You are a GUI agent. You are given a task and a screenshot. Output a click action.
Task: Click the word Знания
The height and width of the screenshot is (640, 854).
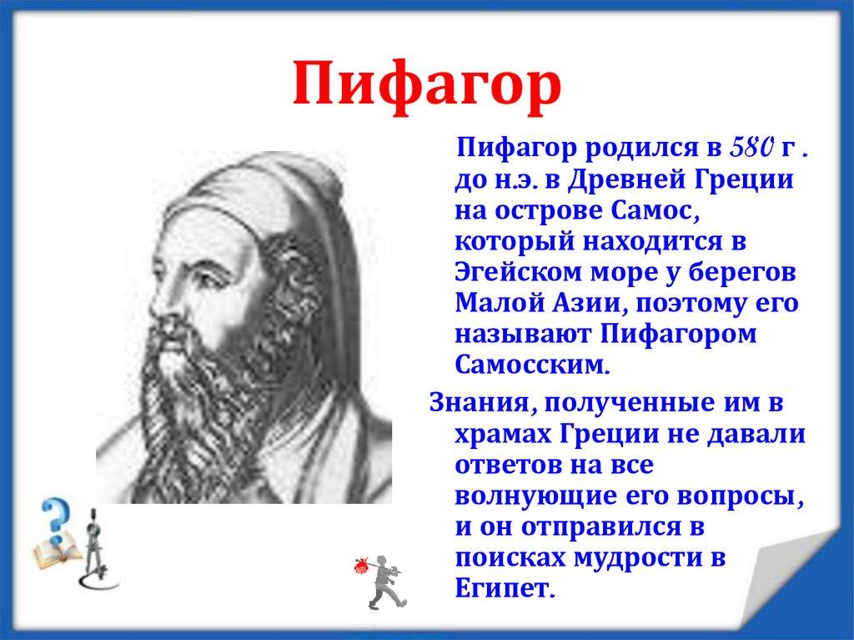(477, 403)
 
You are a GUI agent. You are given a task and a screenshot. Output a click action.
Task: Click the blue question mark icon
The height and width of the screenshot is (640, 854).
(57, 519)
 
